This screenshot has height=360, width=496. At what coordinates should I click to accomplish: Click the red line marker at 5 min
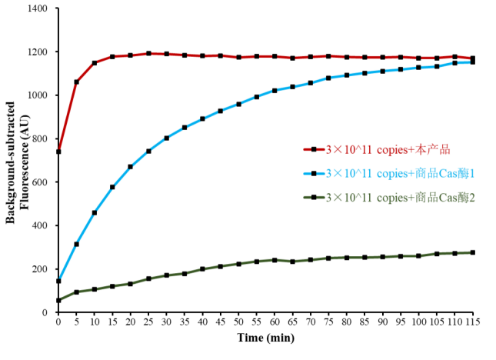(76, 82)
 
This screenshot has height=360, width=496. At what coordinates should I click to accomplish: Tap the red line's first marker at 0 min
(58, 152)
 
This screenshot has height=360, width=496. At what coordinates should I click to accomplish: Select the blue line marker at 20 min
(130, 166)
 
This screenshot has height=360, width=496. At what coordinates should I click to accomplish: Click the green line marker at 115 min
(472, 252)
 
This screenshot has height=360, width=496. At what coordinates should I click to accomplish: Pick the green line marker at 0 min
(58, 300)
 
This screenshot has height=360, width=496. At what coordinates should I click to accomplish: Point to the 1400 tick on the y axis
(36, 9)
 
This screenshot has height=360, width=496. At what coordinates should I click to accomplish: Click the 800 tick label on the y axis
(39, 139)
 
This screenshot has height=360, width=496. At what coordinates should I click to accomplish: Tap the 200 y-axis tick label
(39, 269)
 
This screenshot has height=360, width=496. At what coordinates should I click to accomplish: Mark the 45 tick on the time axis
(220, 322)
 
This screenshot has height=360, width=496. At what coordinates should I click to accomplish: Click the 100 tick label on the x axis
(418, 322)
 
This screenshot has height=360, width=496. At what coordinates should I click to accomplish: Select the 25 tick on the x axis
(148, 322)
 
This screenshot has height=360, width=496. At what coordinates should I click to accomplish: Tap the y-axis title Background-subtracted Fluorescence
(16, 160)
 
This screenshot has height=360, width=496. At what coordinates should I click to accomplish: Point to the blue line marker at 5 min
(76, 244)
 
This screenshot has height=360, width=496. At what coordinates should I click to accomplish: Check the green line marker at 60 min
(275, 260)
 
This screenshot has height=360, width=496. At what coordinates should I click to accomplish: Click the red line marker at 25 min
(148, 54)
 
